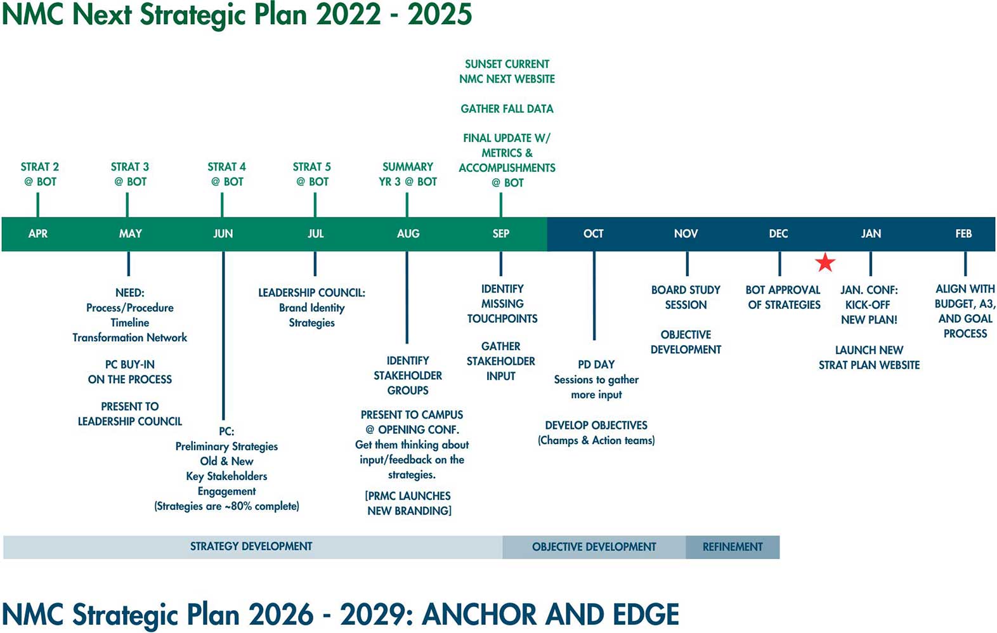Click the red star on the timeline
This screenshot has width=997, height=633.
click(825, 262)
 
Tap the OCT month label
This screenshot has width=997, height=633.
click(594, 234)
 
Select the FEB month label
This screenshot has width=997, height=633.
click(963, 234)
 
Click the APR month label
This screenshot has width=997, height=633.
click(38, 234)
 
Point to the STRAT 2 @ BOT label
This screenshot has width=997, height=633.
click(40, 174)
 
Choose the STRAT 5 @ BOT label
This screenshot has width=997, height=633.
click(312, 174)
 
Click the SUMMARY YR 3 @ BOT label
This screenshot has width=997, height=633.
click(408, 174)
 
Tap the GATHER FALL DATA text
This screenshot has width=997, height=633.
click(507, 109)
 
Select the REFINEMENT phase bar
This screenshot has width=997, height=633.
click(733, 547)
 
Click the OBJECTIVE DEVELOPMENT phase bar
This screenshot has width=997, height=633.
click(594, 547)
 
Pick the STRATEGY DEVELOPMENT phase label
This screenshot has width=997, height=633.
click(251, 547)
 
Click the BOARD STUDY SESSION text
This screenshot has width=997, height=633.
click(686, 297)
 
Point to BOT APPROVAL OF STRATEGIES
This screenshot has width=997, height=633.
click(784, 297)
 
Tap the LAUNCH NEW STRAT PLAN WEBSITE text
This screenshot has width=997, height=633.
click(869, 358)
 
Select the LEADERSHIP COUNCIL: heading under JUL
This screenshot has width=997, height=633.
click(311, 293)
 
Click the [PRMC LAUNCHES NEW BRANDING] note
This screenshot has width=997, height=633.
click(409, 504)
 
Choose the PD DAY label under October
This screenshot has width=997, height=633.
click(596, 365)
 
